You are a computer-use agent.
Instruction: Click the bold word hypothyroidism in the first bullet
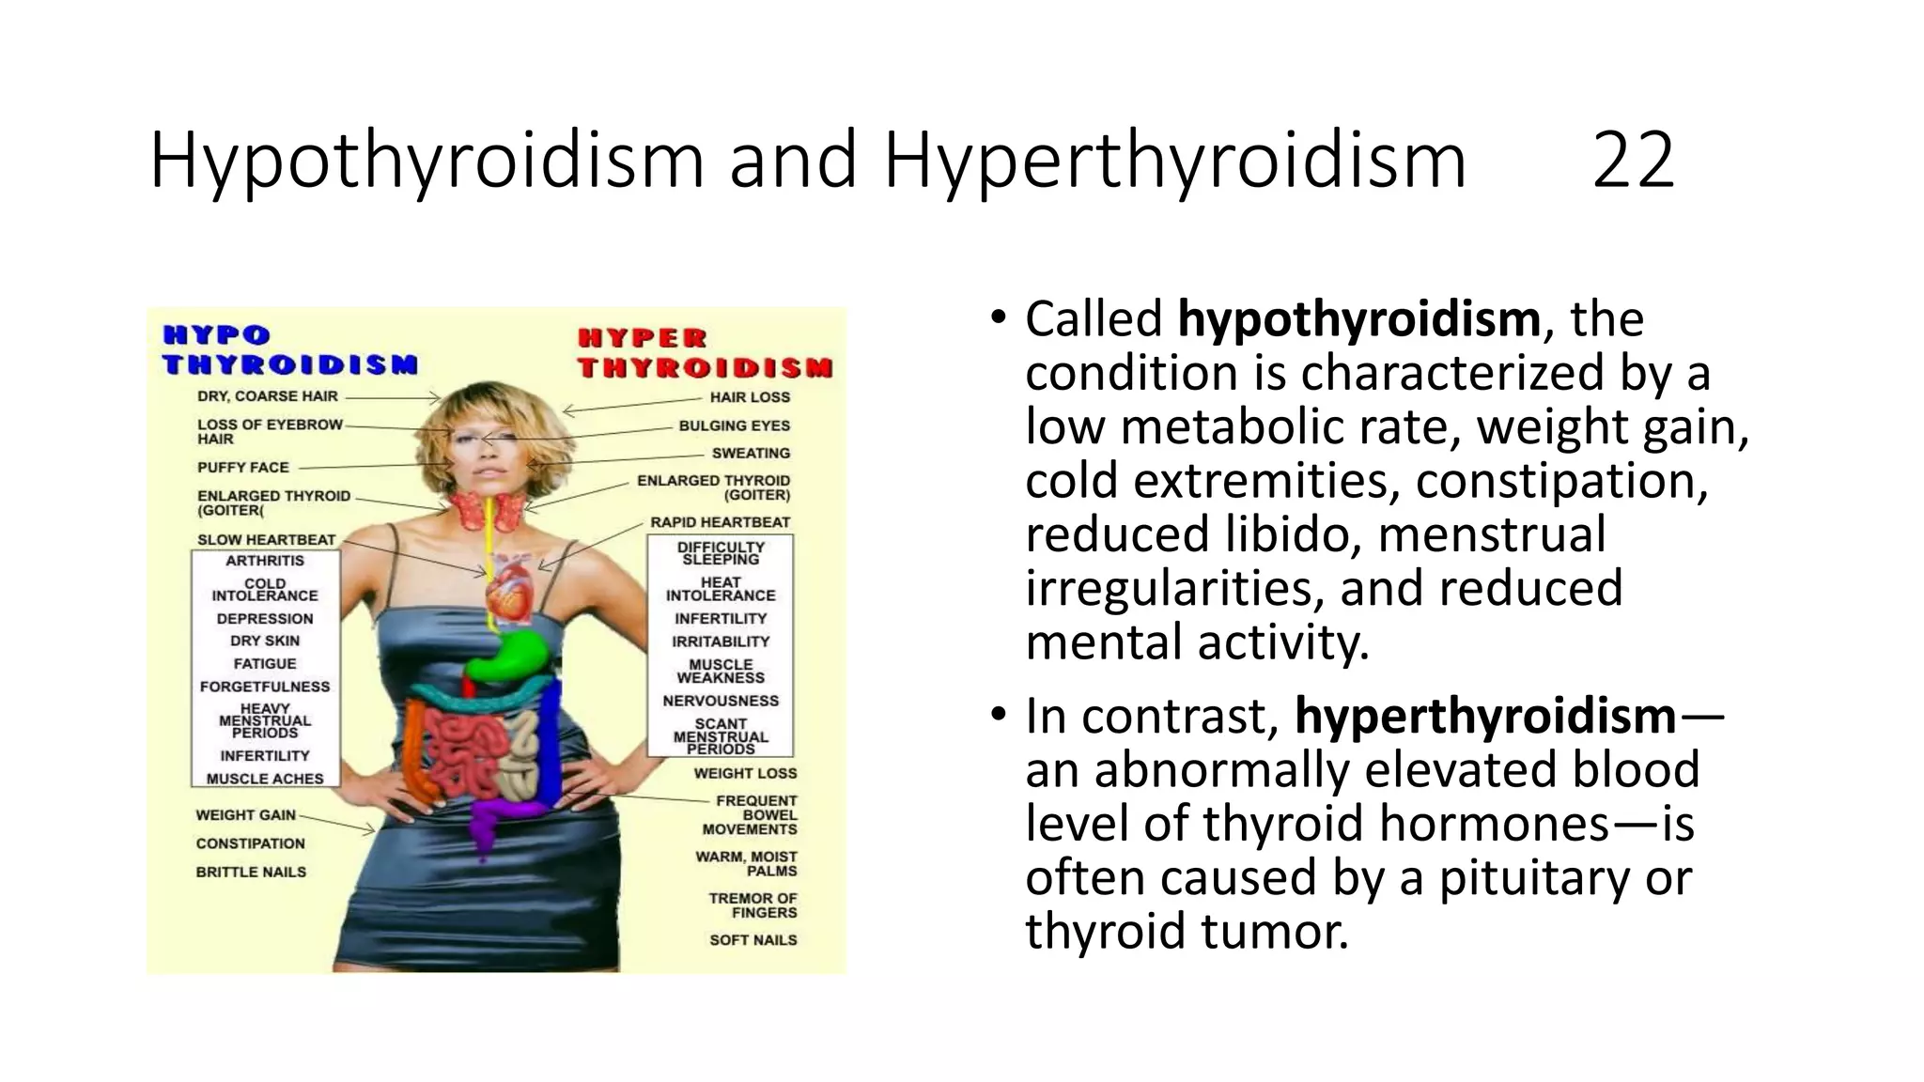[x=1358, y=319]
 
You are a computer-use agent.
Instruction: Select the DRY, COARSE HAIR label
[x=267, y=396]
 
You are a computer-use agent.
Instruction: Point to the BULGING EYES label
[x=734, y=425]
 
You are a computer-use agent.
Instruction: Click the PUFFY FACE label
[x=242, y=468]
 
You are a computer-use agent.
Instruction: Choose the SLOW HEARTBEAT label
[x=266, y=540]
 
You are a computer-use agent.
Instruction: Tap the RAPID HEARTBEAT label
[x=720, y=522]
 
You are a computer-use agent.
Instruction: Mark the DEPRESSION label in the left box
[x=265, y=619]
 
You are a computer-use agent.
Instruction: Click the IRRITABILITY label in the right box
[x=721, y=641]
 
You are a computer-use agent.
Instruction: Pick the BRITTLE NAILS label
[x=251, y=873]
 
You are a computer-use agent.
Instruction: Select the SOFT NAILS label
[x=753, y=940]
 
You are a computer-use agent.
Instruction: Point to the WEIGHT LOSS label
[x=745, y=774]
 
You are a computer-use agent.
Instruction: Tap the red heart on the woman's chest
[x=510, y=592]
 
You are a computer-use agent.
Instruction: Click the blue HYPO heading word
[x=217, y=335]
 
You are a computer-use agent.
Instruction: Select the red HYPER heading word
[x=642, y=338]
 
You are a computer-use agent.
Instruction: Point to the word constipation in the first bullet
[x=1561, y=481]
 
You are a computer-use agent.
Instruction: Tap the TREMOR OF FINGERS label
[x=753, y=905]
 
